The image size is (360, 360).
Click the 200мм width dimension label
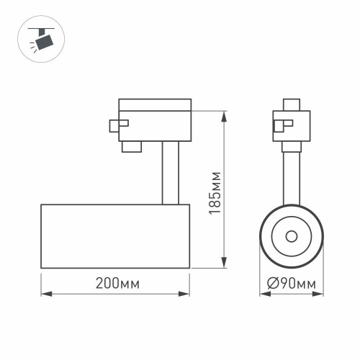point(116,284)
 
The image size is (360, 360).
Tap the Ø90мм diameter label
point(291,284)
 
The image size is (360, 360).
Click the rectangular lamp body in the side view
point(115,236)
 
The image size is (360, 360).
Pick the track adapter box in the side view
point(154,119)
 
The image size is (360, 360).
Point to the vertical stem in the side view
point(170,173)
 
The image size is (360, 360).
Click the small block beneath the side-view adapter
point(131,147)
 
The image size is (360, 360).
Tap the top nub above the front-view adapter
point(291,103)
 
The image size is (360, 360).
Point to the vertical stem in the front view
point(291,173)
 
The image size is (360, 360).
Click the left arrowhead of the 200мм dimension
point(43,294)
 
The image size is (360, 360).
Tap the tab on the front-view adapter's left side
point(278,126)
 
